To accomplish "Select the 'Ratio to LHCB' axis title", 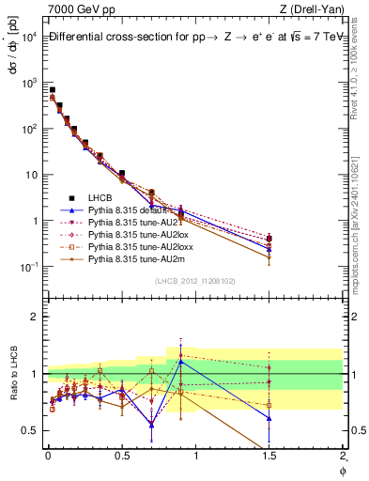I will pos(14,373).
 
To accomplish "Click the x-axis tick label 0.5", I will pos(121,455).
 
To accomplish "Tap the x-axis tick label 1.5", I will pos(269,455).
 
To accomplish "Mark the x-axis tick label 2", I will pos(344,455).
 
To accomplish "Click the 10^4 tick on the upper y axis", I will pos(29,36).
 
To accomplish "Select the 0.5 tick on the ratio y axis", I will pos(30,430).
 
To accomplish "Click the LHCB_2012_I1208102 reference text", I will pos(195,280).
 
